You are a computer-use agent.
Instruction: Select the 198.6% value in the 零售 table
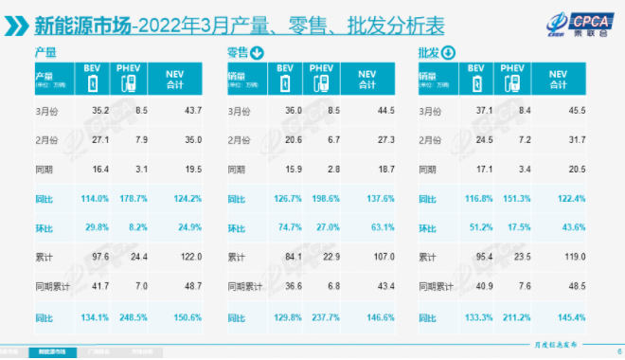(x=326, y=200)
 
